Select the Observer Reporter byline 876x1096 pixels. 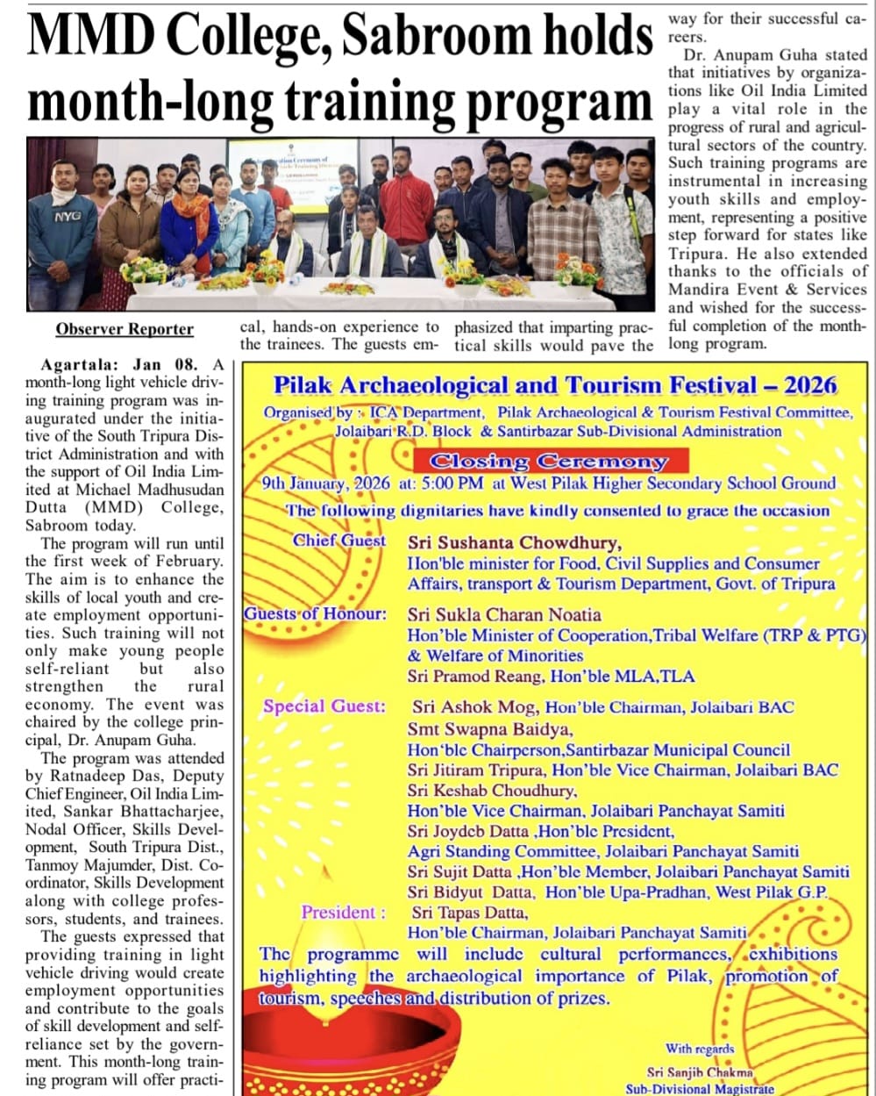(125, 329)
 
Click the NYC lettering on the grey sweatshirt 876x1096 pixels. (67, 216)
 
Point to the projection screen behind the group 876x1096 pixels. (292, 174)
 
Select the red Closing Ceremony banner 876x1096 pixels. (548, 461)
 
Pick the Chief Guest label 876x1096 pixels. (338, 541)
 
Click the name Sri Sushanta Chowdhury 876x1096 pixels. (514, 542)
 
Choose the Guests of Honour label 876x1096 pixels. (315, 614)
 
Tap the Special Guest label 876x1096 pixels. (324, 706)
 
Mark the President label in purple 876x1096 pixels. (343, 913)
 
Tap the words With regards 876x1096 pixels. (699, 1049)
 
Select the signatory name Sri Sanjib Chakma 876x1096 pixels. (700, 1071)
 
